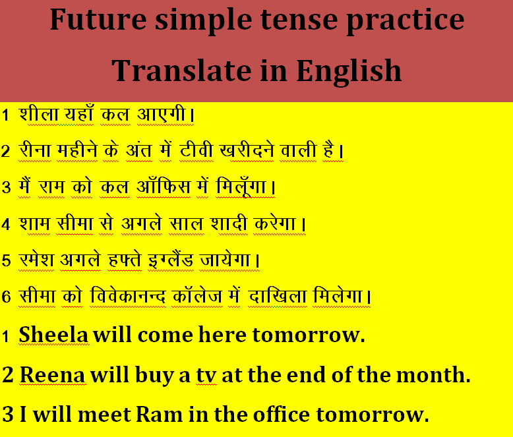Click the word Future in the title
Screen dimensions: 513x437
point(98,19)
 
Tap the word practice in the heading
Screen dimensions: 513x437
point(406,21)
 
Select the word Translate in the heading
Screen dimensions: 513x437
point(181,71)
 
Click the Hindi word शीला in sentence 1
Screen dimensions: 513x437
point(39,114)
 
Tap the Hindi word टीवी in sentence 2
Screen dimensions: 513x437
point(196,150)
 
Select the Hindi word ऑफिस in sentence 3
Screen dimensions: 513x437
point(164,186)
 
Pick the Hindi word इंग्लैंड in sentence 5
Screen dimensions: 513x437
point(171,260)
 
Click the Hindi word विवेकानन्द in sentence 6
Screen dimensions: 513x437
point(128,296)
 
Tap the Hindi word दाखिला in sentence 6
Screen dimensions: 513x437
point(278,296)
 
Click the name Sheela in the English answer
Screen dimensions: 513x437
point(53,335)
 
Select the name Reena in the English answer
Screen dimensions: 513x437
point(53,374)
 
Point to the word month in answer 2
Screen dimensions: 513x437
point(434,374)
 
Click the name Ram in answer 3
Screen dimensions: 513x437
point(160,415)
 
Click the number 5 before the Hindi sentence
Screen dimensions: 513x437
point(6,261)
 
